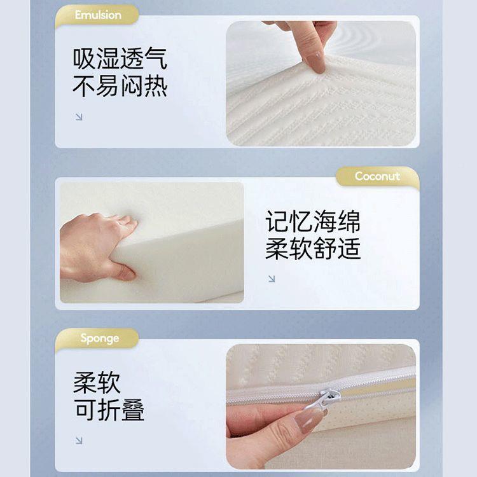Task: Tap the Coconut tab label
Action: [x=377, y=176]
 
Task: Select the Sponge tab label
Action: [x=99, y=338]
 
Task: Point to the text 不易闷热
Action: [x=120, y=86]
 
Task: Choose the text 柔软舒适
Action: [x=313, y=249]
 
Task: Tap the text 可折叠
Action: [x=109, y=410]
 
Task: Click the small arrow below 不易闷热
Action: [x=79, y=116]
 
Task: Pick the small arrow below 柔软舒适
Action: [x=272, y=279]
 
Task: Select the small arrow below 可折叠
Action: [x=79, y=440]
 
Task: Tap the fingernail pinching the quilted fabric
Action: [x=314, y=61]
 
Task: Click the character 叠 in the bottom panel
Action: [x=133, y=410]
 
